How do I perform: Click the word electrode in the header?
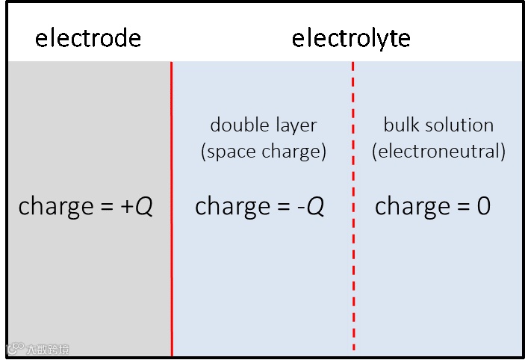[x=88, y=38]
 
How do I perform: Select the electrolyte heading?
[x=351, y=38]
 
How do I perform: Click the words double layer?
[x=264, y=125]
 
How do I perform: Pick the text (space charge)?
[x=264, y=152]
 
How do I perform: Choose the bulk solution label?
[x=438, y=125]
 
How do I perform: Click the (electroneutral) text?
[x=438, y=152]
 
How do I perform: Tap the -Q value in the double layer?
[x=311, y=206]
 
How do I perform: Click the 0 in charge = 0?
[x=483, y=206]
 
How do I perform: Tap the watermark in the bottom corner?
[x=39, y=349]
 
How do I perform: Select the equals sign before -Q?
[x=279, y=207]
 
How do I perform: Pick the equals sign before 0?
[x=459, y=207]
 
